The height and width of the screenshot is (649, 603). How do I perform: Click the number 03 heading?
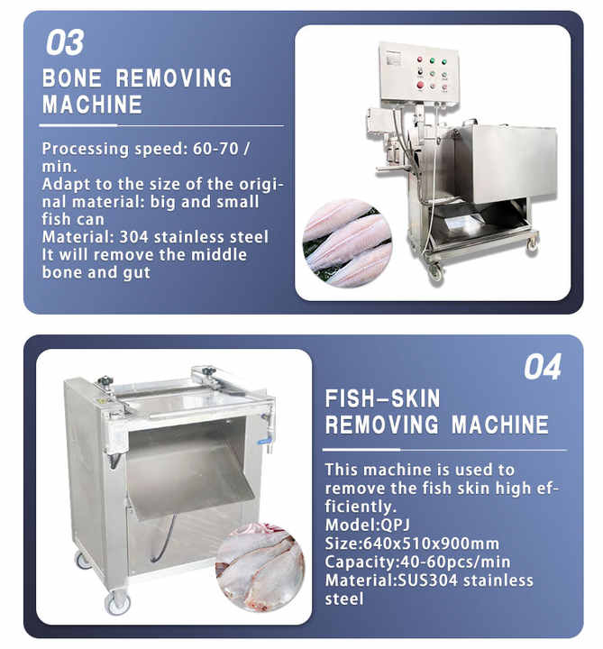point(65,42)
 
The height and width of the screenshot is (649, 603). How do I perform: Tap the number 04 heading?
point(543,367)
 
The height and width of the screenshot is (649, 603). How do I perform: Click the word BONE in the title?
point(71,78)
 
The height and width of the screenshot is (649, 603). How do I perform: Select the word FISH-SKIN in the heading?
point(382,398)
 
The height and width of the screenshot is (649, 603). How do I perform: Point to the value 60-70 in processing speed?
point(215,149)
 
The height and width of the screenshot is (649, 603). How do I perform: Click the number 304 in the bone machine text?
point(133,237)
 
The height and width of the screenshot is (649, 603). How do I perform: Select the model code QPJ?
point(395,525)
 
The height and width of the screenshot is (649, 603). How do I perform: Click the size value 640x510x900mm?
point(431,544)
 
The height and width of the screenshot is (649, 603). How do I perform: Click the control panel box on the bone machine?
point(419,73)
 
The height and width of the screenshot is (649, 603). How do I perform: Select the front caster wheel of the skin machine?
point(118,602)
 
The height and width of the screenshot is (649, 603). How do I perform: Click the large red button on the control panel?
point(420,86)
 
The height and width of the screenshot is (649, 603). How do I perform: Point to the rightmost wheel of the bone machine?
point(533,244)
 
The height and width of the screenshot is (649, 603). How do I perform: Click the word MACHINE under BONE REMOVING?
point(92,105)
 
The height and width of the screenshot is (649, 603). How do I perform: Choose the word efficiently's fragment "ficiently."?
point(361,507)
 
